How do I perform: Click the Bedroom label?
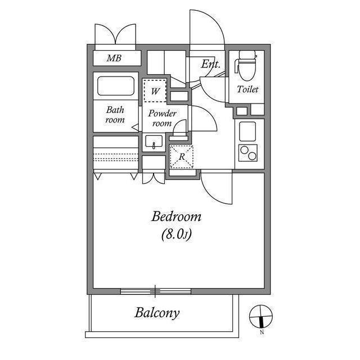click(176, 217)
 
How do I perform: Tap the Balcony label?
click(157, 313)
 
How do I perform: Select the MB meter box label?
click(114, 58)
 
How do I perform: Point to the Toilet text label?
click(247, 89)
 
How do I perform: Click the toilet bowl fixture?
click(247, 66)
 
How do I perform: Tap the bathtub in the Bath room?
click(116, 86)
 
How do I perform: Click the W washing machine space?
click(155, 91)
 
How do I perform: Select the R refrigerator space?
click(182, 157)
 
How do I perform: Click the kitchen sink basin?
click(247, 131)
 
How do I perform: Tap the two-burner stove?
click(248, 153)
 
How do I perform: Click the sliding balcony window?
click(156, 291)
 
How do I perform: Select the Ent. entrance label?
click(210, 64)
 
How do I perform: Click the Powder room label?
click(162, 118)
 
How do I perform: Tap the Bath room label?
click(115, 115)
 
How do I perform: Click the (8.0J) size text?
click(176, 235)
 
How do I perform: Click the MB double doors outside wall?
click(115, 34)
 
